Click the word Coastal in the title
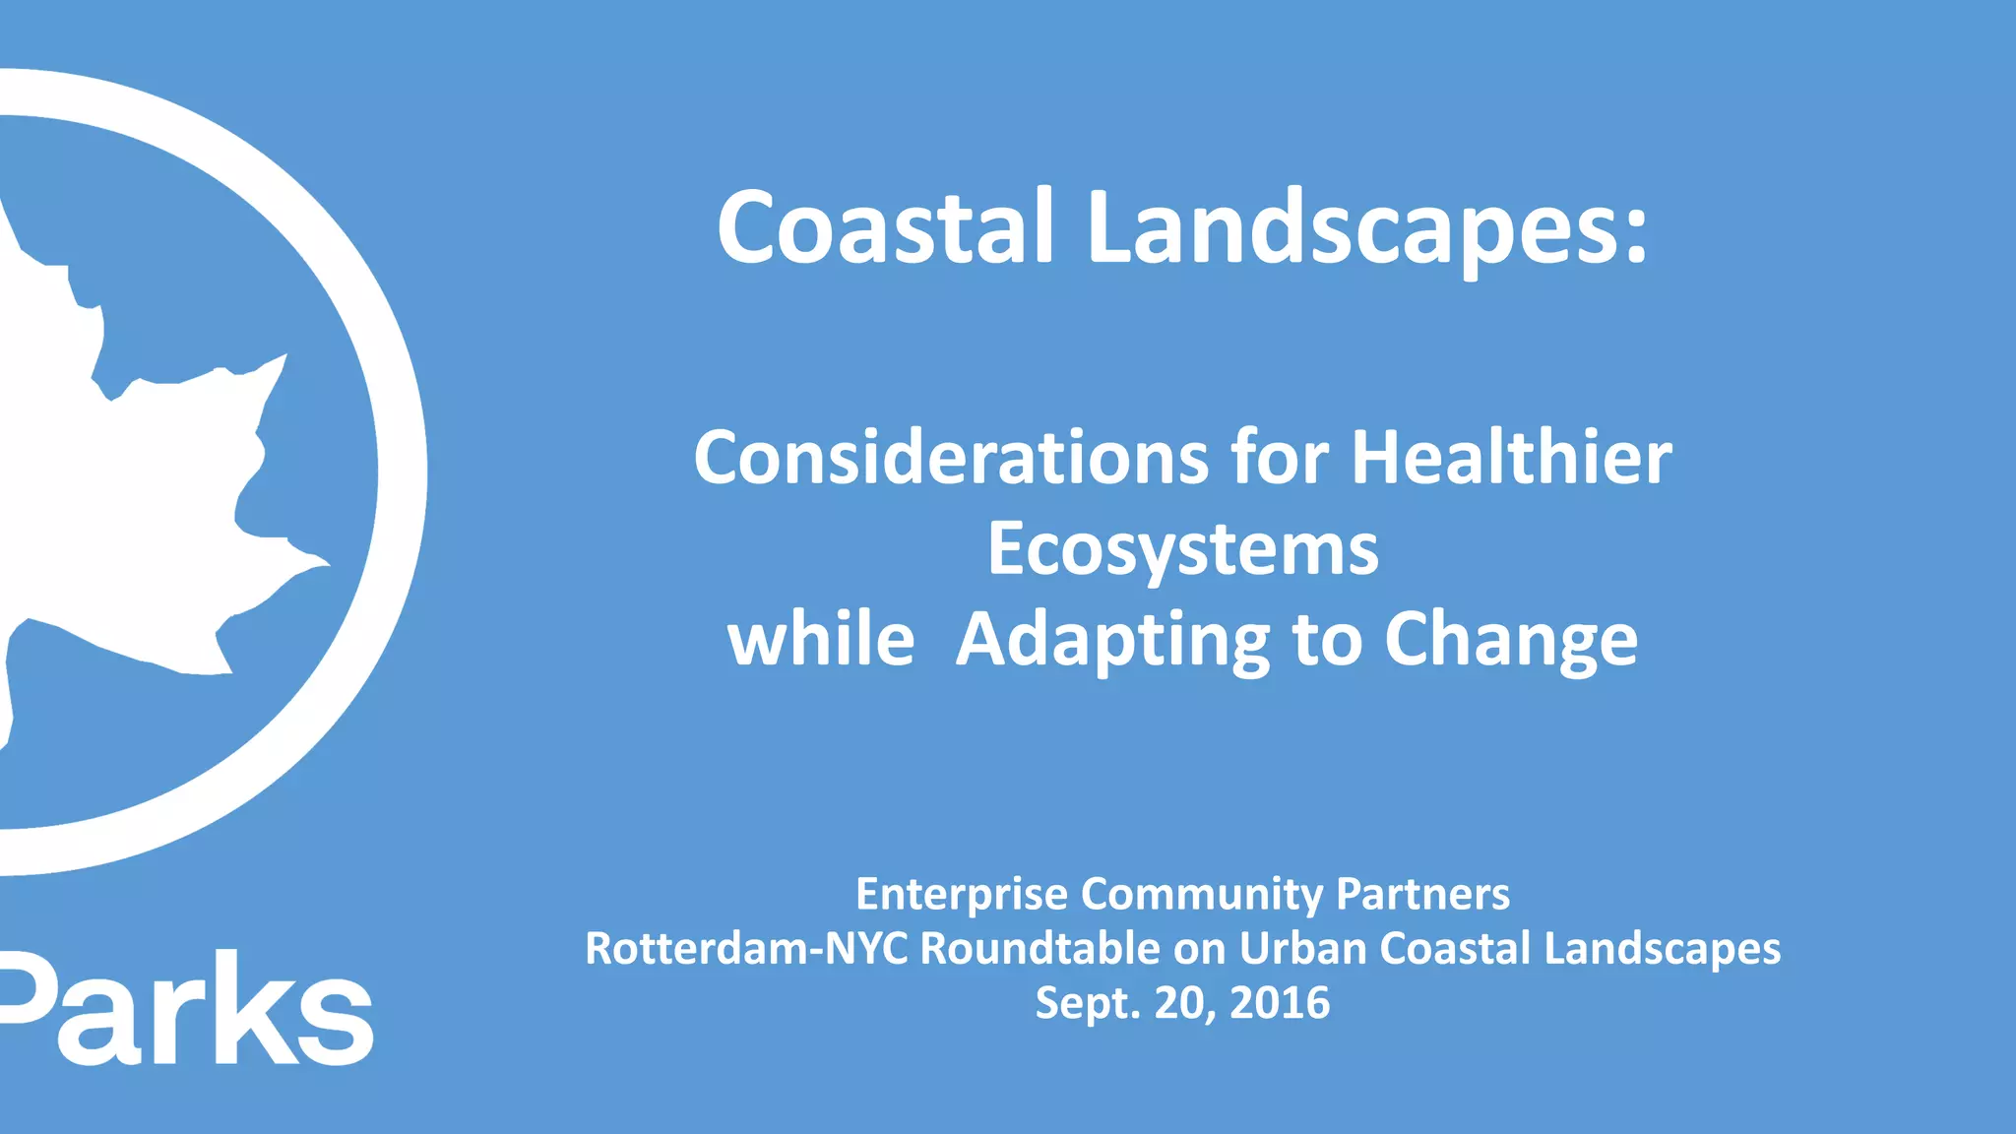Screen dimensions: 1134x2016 (x=886, y=227)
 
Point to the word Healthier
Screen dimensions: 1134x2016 (x=1511, y=459)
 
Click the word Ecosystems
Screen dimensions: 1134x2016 (x=1182, y=551)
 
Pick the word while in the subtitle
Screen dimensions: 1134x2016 (x=821, y=640)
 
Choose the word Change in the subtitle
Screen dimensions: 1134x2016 (x=1511, y=642)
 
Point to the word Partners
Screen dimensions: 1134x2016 (x=1422, y=894)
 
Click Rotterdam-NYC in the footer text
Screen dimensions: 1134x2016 (x=746, y=949)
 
